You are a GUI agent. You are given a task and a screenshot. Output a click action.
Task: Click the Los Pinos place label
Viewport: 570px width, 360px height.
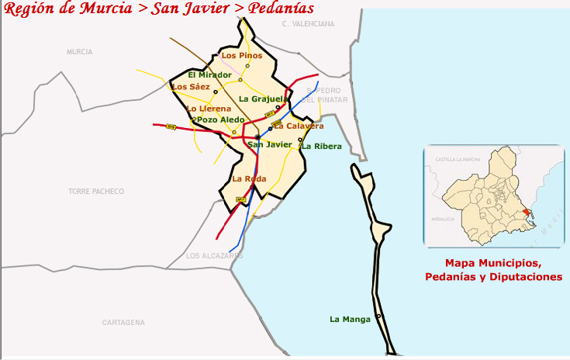click(242, 56)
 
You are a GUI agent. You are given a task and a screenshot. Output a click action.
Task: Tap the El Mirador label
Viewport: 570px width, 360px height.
click(209, 75)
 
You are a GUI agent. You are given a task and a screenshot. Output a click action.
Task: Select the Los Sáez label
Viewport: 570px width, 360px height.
click(191, 87)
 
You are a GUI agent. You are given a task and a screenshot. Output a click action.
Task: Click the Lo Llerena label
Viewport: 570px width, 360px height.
click(209, 109)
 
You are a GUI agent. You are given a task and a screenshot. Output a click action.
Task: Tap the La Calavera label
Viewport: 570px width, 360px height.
click(299, 126)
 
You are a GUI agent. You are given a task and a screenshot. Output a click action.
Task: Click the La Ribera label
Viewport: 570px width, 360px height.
click(322, 146)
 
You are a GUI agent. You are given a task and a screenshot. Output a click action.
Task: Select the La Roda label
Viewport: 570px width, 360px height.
click(249, 179)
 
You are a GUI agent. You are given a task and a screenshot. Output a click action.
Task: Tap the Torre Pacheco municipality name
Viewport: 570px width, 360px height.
click(96, 191)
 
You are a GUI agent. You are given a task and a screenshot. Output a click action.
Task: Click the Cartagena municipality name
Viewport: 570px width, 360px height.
click(123, 322)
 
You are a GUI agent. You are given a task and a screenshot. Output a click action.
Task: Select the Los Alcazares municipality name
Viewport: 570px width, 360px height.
click(215, 256)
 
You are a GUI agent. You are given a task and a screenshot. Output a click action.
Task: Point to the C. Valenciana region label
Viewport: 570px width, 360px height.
click(308, 24)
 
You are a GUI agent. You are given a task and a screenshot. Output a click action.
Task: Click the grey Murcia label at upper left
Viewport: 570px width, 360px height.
click(79, 51)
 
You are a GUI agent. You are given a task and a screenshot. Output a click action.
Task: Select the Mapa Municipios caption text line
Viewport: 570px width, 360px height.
click(493, 263)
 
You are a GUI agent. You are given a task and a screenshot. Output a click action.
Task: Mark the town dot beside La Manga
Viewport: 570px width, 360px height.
click(378, 316)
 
